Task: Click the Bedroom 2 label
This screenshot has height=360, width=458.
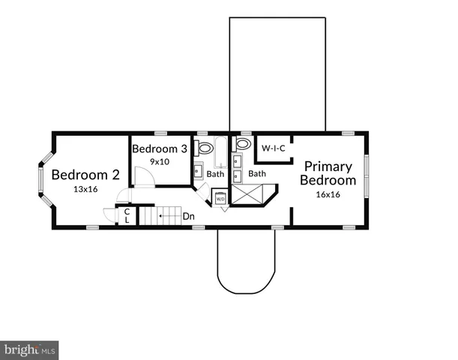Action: coord(85,175)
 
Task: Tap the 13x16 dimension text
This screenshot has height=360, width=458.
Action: coord(85,190)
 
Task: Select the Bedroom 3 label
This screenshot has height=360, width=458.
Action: coord(159,148)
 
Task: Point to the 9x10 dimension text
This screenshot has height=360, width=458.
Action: coord(159,161)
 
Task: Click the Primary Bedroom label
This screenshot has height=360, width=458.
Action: coord(328,173)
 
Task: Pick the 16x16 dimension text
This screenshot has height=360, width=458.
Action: coord(328,193)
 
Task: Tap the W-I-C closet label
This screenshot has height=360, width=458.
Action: coord(274,148)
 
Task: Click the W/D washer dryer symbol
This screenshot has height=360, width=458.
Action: coord(221,199)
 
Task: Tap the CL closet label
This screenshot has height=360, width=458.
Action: coord(127,216)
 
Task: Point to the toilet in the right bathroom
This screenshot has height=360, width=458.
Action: coord(243,144)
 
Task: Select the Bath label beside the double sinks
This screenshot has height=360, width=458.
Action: coord(257,174)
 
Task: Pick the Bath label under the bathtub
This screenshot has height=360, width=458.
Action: coord(216,174)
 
